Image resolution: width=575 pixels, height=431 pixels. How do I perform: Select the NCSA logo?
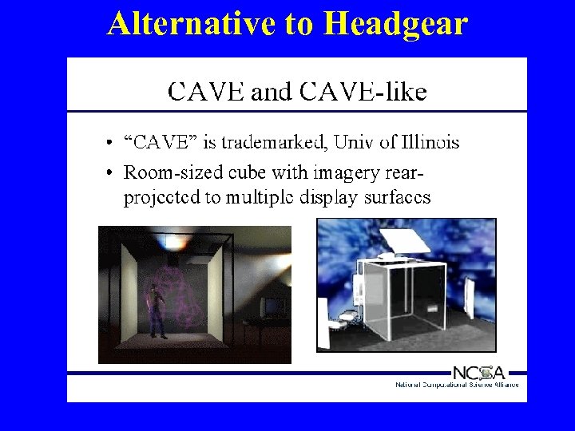tap(478, 372)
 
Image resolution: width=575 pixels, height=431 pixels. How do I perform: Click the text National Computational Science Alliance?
tap(457, 385)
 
